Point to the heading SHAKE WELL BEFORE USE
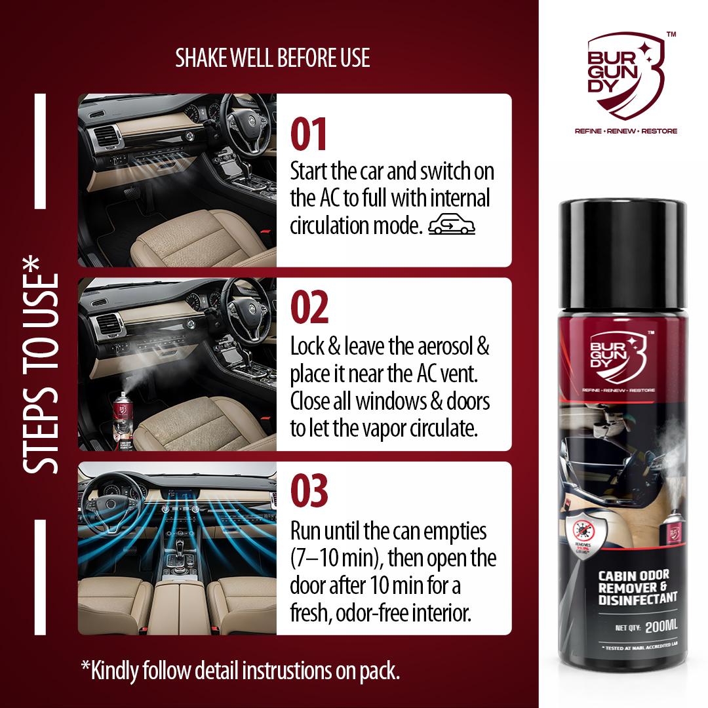273,58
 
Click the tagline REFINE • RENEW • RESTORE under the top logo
625,131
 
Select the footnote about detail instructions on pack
240,671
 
